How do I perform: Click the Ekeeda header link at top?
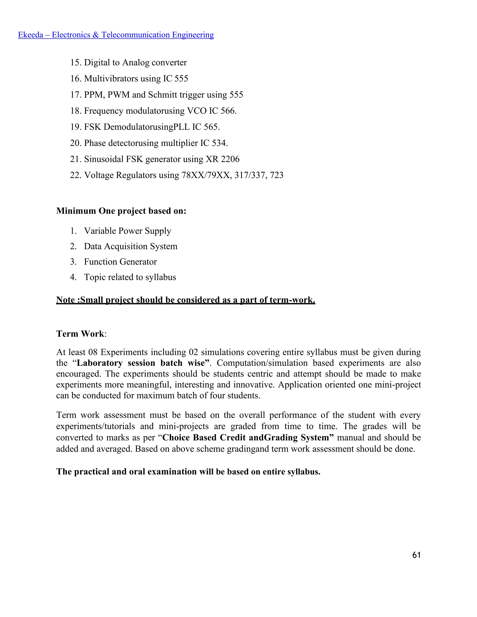pyautogui.click(x=116, y=35)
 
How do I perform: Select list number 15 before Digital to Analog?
pyautogui.click(x=76, y=62)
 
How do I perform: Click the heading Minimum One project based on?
pyautogui.click(x=121, y=211)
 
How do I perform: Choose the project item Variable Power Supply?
pyautogui.click(x=127, y=231)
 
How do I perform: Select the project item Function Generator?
pyautogui.click(x=120, y=262)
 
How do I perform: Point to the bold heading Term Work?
pyautogui.click(x=80, y=334)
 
